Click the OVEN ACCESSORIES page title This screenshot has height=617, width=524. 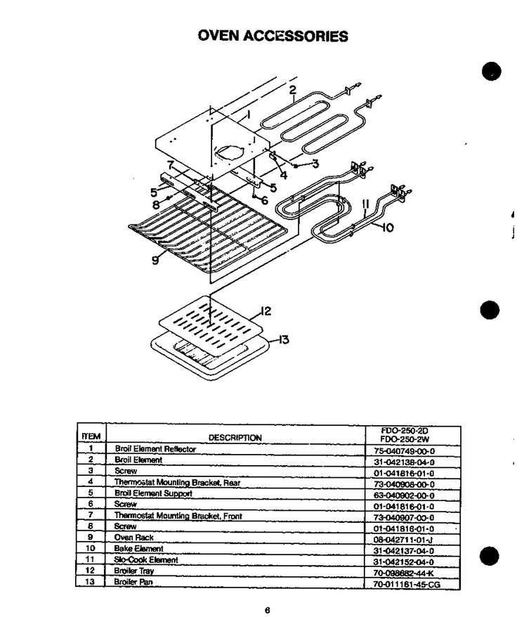click(273, 36)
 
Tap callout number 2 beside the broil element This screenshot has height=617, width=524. click(292, 91)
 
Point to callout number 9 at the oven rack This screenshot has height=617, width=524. click(156, 260)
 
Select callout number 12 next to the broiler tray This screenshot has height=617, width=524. click(266, 311)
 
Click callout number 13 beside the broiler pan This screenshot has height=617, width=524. click(284, 339)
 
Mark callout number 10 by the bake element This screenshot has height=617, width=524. click(388, 228)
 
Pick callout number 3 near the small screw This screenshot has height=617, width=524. click(315, 164)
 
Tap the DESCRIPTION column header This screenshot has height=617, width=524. click(235, 438)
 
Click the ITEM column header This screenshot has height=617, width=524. click(91, 436)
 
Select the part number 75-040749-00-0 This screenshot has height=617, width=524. click(404, 451)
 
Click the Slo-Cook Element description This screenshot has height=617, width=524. click(146, 559)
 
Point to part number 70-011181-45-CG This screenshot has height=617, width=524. click(407, 585)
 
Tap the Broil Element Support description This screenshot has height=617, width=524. click(153, 493)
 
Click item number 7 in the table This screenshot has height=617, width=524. click(91, 514)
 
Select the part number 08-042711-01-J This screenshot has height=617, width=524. click(403, 540)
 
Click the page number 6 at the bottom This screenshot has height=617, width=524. click(268, 610)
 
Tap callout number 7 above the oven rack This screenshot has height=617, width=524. click(171, 165)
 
